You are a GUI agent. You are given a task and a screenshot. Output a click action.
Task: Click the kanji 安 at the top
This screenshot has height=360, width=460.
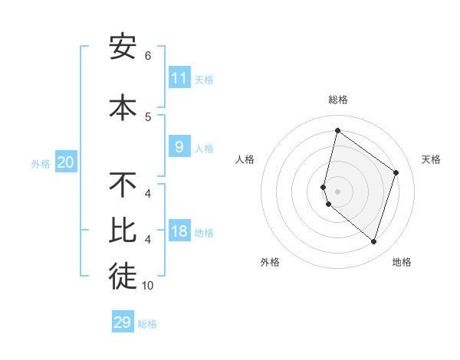tap(123, 47)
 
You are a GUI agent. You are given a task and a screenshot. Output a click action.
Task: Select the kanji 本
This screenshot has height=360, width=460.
tap(123, 107)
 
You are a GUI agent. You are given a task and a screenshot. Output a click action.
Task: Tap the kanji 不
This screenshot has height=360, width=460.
tap(123, 185)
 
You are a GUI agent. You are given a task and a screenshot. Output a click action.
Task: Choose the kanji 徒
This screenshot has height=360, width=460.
tap(123, 278)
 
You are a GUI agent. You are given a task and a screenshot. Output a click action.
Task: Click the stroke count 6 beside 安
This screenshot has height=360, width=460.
tap(148, 56)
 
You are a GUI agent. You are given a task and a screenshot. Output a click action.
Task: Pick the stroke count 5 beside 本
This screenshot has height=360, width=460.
tap(148, 116)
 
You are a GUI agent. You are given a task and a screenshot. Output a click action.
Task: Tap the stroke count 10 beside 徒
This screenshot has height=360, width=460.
tap(148, 286)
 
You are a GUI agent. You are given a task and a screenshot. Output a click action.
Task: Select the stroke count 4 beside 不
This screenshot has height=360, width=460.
tap(148, 193)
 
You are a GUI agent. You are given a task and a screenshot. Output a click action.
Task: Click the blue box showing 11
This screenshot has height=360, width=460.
tap(179, 77)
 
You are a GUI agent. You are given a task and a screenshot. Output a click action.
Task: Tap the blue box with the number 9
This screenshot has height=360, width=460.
tap(179, 147)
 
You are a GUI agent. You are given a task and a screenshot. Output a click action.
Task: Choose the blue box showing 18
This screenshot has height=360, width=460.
tap(179, 231)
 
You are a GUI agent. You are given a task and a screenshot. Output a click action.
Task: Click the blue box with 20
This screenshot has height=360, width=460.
tap(66, 162)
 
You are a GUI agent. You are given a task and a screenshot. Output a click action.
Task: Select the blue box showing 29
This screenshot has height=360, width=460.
tap(123, 322)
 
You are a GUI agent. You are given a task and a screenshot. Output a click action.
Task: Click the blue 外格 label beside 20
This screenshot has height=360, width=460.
tap(40, 163)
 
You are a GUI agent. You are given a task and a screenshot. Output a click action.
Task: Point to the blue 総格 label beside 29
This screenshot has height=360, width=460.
tap(147, 324)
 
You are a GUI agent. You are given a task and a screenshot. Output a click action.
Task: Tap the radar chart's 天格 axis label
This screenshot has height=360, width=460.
tap(432, 159)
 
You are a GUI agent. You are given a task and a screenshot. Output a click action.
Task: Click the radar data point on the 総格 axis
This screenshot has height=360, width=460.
tap(337, 130)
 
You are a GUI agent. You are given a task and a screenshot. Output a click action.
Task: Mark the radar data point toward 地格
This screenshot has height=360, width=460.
tap(373, 242)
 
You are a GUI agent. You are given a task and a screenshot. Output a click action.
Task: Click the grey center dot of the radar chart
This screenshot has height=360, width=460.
tap(337, 191)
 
